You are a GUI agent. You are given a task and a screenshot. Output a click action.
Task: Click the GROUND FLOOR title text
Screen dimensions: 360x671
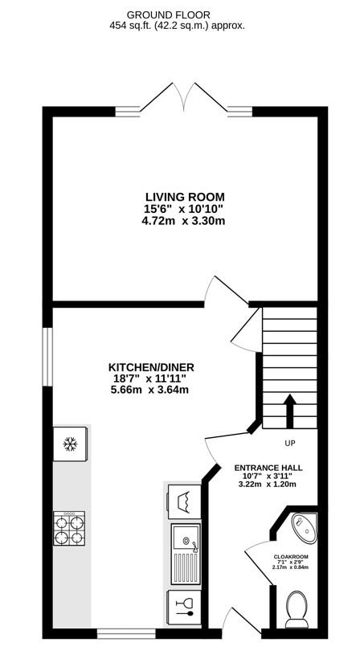point(177,16)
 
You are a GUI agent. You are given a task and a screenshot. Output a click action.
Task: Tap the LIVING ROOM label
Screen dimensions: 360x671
point(185,197)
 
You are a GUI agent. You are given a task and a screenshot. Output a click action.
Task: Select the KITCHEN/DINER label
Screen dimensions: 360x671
point(151,367)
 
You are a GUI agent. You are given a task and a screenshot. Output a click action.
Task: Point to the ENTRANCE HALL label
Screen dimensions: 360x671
point(268,468)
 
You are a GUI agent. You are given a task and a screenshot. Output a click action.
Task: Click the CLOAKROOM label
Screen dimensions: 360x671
point(291,556)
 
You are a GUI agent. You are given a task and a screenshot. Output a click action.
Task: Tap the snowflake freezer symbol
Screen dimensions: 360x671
point(70,444)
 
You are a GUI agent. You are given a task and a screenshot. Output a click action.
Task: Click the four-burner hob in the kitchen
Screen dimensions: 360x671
point(69,530)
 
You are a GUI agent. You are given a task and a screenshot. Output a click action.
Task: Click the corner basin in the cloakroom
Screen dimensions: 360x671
point(305,528)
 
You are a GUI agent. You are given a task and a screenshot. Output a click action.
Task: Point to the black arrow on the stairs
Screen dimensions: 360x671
point(290,411)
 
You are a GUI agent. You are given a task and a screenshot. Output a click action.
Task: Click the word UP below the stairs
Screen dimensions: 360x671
point(290,444)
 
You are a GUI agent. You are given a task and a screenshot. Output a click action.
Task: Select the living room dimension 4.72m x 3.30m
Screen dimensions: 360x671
point(184,221)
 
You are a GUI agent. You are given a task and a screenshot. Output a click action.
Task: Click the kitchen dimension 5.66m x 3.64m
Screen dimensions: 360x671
point(149,390)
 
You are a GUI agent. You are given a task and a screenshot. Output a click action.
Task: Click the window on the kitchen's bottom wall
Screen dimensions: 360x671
point(126,634)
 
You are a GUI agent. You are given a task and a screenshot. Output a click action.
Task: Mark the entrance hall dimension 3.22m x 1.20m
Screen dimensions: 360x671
point(268,485)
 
